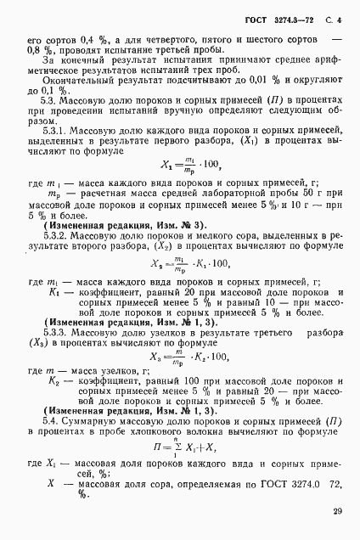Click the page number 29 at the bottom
(338, 511)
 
